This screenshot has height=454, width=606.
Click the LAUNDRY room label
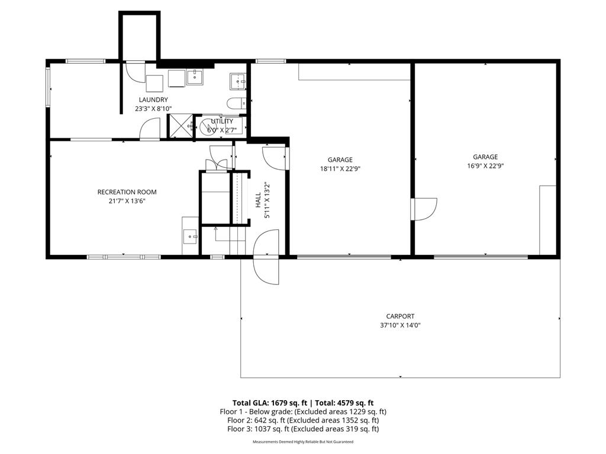153,100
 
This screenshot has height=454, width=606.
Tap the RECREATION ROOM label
127,192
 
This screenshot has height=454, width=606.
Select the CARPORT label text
400,316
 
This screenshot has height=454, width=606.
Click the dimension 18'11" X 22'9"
340,168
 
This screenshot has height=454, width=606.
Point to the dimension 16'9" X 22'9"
485,166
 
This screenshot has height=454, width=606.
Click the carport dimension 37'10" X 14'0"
400,325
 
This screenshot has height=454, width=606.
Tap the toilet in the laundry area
235,103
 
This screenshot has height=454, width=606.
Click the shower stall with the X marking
180,125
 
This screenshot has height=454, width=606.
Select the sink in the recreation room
191,236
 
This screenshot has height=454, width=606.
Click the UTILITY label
222,121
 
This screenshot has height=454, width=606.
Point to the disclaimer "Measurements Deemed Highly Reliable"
303,442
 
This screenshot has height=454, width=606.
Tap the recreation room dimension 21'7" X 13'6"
127,201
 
